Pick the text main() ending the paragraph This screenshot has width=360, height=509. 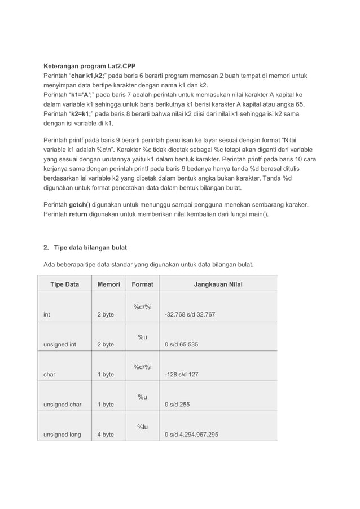click(x=257, y=214)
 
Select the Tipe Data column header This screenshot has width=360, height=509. click(x=64, y=284)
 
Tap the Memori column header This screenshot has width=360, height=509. click(x=108, y=284)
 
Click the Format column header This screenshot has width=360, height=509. click(x=142, y=284)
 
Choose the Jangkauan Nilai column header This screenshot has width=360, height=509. click(x=218, y=284)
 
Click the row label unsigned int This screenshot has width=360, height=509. click(x=59, y=344)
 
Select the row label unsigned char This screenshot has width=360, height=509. click(x=62, y=405)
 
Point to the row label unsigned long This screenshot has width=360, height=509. click(x=62, y=435)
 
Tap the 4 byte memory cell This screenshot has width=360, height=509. click(x=105, y=435)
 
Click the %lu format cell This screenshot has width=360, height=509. click(x=142, y=426)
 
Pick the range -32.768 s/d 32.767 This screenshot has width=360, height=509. click(x=190, y=314)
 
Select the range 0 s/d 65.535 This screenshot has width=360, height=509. click(x=181, y=344)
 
